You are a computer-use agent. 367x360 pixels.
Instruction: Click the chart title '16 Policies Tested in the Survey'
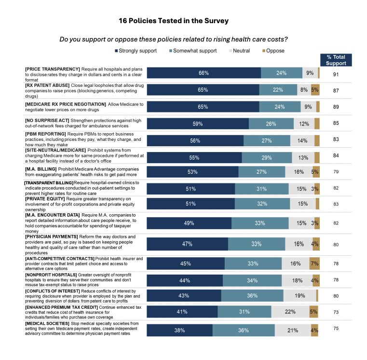tap(174, 21)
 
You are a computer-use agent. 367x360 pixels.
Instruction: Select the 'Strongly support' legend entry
tap(137, 51)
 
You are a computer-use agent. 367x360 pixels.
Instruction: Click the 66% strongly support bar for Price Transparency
tap(204, 73)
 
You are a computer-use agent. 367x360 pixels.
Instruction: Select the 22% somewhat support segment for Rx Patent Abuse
tap(277, 90)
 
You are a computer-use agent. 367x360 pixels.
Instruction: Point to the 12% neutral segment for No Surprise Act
tap(304, 124)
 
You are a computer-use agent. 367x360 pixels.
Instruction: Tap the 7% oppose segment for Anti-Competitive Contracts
tap(314, 263)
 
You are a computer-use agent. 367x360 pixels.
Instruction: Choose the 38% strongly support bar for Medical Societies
tap(179, 330)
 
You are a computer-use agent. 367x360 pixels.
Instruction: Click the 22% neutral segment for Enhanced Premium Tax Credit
tap(290, 312)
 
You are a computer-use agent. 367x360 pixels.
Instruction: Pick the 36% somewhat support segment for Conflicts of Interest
tap(252, 295)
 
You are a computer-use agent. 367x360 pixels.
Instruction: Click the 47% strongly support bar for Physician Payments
tap(187, 244)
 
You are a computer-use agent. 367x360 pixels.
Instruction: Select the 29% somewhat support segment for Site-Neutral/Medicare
tap(267, 157)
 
